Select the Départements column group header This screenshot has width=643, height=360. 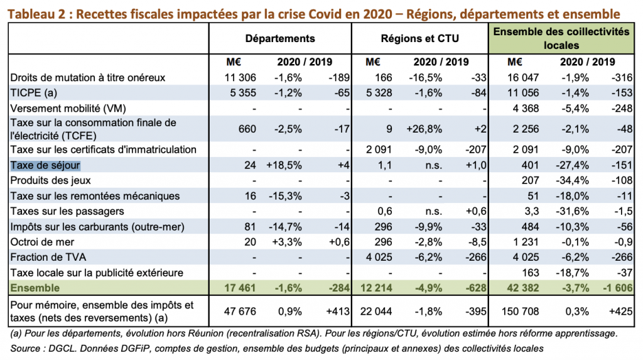coord(280,38)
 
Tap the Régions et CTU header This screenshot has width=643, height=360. coord(419,38)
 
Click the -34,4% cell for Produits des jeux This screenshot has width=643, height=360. coord(574,180)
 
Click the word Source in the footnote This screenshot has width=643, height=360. coord(26,347)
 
